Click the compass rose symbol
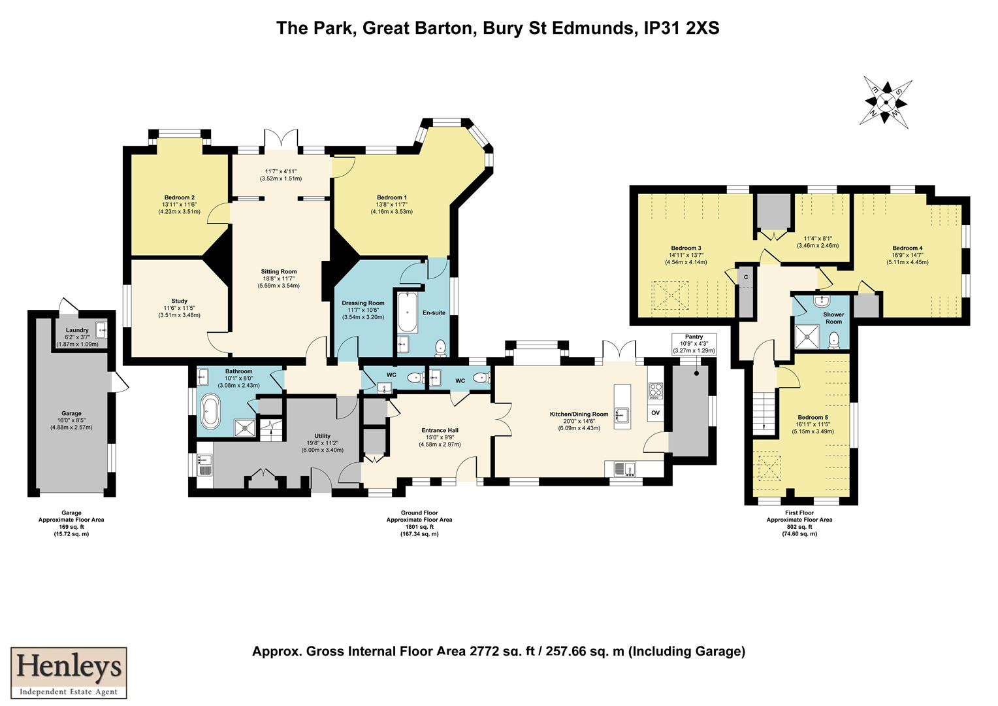coord(886,101)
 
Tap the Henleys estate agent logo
coord(69,673)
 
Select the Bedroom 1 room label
coord(391,197)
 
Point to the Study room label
coord(179,301)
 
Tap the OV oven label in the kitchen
coord(655,414)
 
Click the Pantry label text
coord(694,337)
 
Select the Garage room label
coord(71,413)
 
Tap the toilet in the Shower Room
coord(833,339)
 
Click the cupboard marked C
coord(745,277)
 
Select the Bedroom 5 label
coord(812,417)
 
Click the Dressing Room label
coord(363,303)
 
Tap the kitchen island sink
coord(624,412)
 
